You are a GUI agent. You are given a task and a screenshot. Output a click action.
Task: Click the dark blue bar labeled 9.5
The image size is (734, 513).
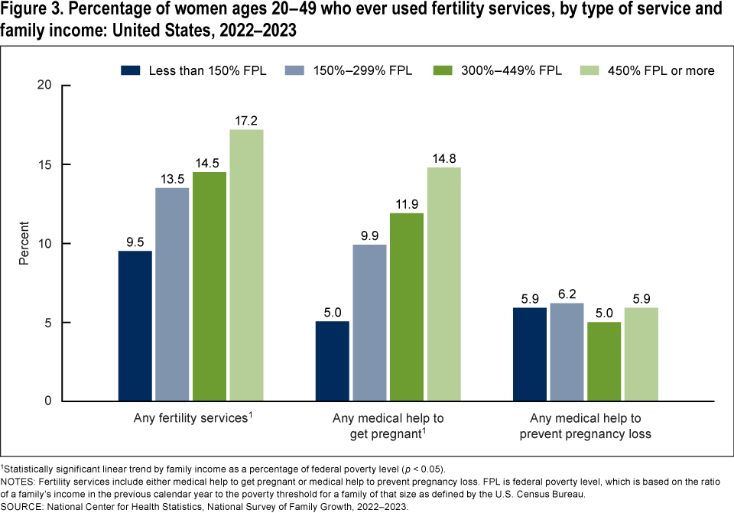tap(135, 326)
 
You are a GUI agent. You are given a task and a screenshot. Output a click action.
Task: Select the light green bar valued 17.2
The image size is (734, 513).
tap(246, 265)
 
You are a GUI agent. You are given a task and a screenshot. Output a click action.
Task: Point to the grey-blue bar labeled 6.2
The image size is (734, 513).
tap(567, 352)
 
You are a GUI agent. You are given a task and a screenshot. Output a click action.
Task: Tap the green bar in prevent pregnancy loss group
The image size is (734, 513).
tap(603, 361)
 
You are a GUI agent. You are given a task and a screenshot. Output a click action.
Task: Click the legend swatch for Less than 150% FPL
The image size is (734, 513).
tap(132, 70)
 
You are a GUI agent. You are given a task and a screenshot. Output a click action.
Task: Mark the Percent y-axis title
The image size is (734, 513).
tap(24, 243)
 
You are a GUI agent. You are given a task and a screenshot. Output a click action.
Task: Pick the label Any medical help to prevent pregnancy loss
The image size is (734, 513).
tap(586, 426)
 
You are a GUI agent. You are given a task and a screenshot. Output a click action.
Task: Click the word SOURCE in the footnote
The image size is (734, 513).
tap(24, 505)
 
